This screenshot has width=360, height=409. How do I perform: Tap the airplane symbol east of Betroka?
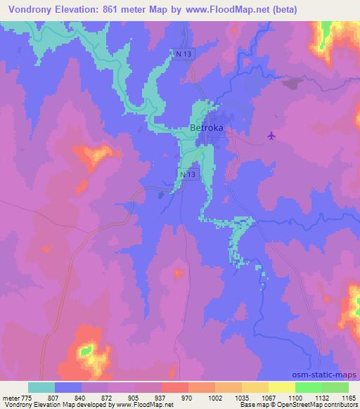pyautogui.click(x=273, y=136)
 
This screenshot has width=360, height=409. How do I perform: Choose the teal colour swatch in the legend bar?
pyautogui.click(x=41, y=387)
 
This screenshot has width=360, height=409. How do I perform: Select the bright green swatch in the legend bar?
pyautogui.click(x=308, y=387)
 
